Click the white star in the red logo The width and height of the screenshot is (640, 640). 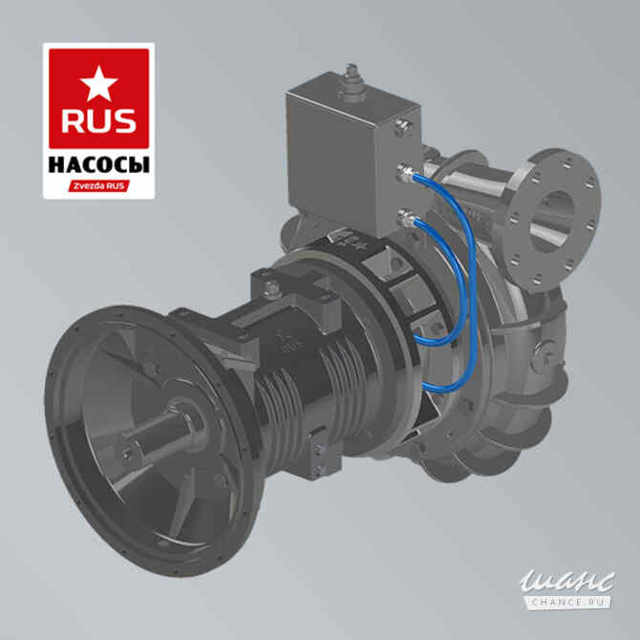point(98,84)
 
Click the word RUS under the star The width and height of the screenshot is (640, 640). point(98,121)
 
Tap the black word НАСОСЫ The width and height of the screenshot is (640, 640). point(98,165)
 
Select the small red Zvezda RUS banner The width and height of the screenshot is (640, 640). point(99,186)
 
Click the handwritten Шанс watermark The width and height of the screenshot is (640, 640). point(567,581)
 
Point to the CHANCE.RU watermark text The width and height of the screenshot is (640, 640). point(569,602)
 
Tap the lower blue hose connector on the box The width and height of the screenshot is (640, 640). point(407,219)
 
